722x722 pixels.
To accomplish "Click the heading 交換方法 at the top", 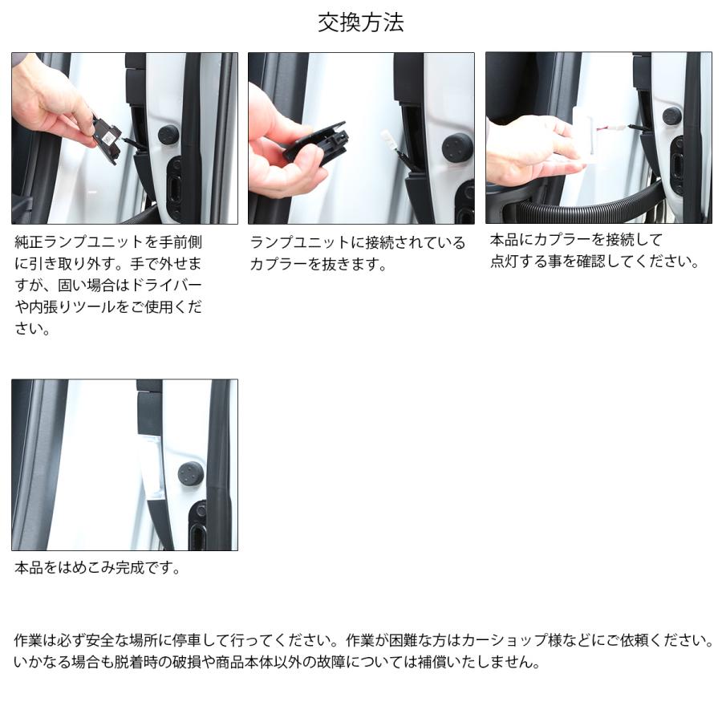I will (360, 22).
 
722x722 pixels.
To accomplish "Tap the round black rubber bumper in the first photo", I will (168, 134).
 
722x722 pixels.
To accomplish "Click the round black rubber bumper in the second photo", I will (456, 148).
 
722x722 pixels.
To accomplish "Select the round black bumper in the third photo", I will (672, 116).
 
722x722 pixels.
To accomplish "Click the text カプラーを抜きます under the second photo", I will (319, 265).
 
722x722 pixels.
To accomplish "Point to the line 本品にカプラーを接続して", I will (576, 240).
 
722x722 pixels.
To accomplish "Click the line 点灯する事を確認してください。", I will (594, 262).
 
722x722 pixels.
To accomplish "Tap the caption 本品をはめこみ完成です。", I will (98, 568).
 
